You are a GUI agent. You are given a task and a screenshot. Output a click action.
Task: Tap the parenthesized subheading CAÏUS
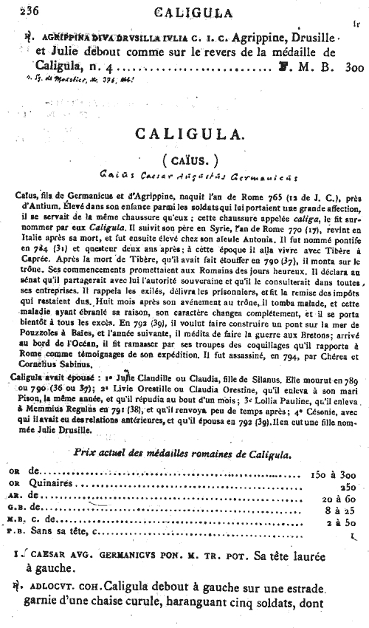(x=183, y=160)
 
